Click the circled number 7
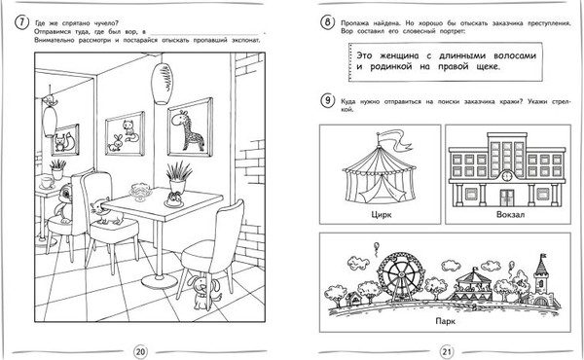(x=21, y=22)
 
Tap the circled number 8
(x=327, y=22)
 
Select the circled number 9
(x=327, y=101)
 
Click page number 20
(x=140, y=351)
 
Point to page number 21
(x=447, y=351)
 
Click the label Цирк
(x=382, y=214)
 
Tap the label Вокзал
(x=510, y=214)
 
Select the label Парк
(x=445, y=321)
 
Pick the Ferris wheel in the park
(x=400, y=274)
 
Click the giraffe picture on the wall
(x=191, y=127)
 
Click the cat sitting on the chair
(x=106, y=212)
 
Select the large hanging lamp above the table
(x=162, y=84)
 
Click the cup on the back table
(x=47, y=182)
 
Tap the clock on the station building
(x=507, y=176)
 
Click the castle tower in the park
(x=541, y=278)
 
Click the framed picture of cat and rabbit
(x=126, y=133)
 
